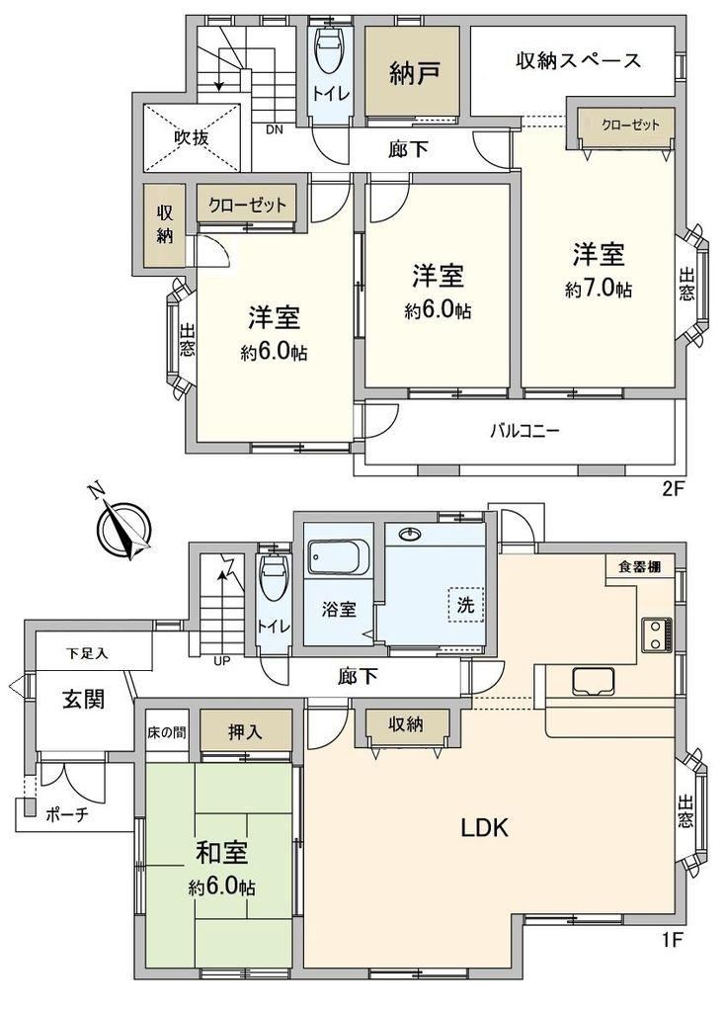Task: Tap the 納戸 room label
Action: point(414,73)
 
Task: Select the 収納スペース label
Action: point(578,60)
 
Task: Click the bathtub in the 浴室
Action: point(338,557)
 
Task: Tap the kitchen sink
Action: point(593,682)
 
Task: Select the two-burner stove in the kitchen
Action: point(657,634)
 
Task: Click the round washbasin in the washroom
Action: point(408,534)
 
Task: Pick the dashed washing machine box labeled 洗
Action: point(466,605)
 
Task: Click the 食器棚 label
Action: point(639,568)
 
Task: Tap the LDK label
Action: point(485,827)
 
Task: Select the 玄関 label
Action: point(84,699)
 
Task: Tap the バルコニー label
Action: point(523,431)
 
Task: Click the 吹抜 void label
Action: point(192,137)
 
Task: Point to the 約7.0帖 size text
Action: point(599,290)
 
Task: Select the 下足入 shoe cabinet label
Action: point(87,653)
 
